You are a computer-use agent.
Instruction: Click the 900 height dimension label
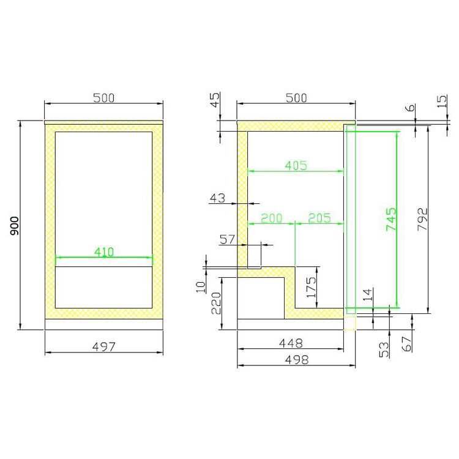(x=15, y=226)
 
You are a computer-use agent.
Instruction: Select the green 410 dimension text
(x=104, y=251)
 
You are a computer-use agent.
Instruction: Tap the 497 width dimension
(x=104, y=347)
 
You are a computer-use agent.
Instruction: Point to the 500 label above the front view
(x=104, y=98)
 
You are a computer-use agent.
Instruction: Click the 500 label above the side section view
(x=296, y=98)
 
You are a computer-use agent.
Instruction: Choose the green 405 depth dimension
(x=296, y=165)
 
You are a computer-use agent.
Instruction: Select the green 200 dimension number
(x=271, y=218)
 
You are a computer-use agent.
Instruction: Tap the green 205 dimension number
(x=319, y=218)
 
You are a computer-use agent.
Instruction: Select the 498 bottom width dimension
(x=296, y=360)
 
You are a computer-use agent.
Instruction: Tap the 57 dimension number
(x=228, y=239)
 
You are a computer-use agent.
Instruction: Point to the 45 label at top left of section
(x=215, y=100)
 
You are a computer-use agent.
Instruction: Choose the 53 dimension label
(x=384, y=349)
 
